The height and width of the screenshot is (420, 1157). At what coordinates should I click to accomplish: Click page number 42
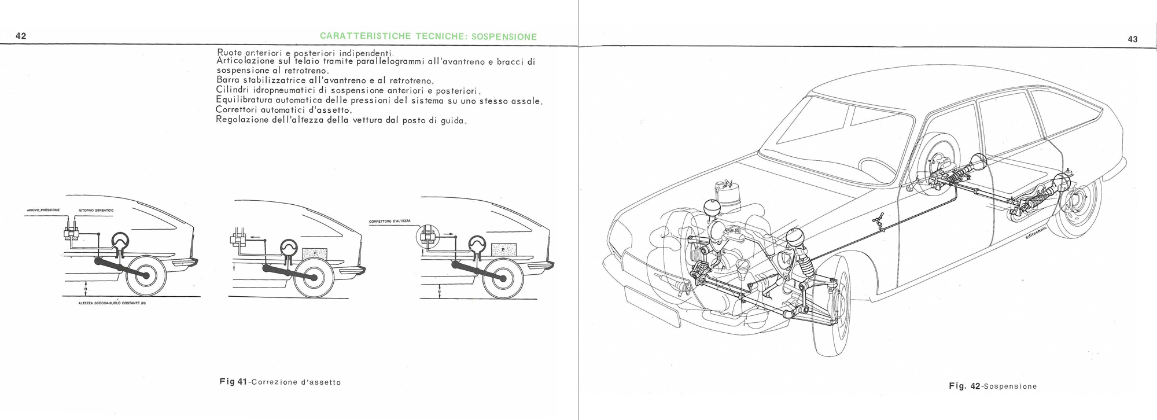pos(21,36)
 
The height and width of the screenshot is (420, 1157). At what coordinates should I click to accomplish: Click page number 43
pos(1133,39)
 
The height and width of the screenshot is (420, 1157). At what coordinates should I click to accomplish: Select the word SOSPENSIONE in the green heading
pos(504,37)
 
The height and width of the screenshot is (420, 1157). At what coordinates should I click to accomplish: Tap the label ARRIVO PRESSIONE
pos(43,210)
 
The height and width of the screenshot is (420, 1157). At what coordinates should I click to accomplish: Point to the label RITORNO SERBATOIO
pos(96,211)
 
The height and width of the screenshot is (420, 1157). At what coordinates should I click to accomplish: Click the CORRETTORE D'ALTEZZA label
pos(389,222)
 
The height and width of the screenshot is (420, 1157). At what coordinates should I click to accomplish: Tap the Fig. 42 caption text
pos(993,386)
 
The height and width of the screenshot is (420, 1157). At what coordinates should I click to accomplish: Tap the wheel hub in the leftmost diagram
pos(145,277)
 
